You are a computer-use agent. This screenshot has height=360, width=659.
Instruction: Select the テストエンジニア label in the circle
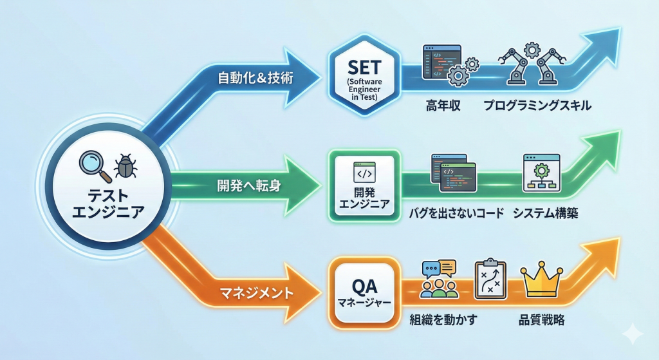[107, 203]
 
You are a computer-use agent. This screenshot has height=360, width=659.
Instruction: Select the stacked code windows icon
[453, 173]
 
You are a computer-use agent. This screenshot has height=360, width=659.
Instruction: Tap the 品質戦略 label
[541, 319]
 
